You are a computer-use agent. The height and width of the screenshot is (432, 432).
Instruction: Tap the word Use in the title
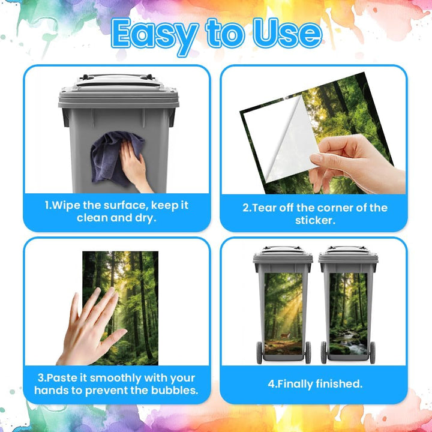point(287,34)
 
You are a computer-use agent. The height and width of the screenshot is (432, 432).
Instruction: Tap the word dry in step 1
point(145,218)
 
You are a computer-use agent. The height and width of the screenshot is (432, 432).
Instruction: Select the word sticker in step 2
point(315,220)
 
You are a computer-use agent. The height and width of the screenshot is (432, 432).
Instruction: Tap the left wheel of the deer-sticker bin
point(259,352)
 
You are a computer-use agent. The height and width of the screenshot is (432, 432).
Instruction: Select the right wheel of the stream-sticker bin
point(372,352)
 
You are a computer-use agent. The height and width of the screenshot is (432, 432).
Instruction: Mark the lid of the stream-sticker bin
point(348,255)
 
